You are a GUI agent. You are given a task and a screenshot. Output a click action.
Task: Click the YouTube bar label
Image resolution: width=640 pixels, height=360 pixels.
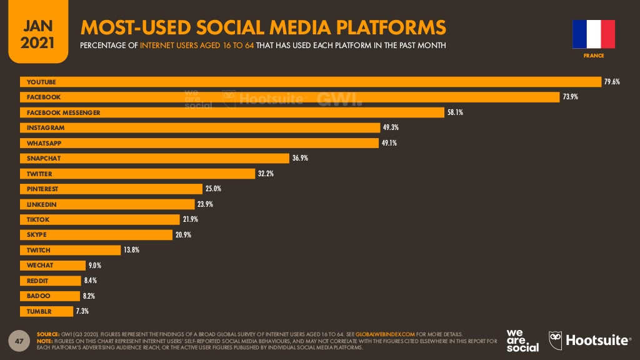[x=41, y=82]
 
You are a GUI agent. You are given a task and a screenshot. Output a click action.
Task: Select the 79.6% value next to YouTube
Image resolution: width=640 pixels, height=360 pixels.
[x=611, y=82]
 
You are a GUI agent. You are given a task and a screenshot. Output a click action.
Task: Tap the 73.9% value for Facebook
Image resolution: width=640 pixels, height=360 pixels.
[x=570, y=97]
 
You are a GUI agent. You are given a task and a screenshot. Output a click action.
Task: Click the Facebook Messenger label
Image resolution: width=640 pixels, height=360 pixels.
[x=63, y=112]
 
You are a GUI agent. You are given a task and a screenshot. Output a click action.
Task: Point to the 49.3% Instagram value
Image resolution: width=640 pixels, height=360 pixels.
[x=391, y=127]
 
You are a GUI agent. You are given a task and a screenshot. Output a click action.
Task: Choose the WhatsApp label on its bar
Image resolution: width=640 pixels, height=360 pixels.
[x=44, y=142]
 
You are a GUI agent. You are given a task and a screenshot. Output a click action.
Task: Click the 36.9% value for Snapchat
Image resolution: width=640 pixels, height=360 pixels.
[x=300, y=158]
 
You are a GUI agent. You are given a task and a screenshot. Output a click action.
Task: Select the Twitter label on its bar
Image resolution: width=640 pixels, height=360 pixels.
[x=39, y=174]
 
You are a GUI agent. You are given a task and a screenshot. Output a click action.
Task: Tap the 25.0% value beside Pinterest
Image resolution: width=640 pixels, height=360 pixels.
[x=214, y=189]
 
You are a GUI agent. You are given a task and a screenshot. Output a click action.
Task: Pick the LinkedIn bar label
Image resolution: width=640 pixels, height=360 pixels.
[x=41, y=204]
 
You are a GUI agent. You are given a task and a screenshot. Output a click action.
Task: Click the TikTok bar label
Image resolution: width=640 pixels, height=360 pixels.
[x=38, y=219]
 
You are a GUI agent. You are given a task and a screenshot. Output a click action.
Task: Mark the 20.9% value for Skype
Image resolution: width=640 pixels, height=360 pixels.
[x=183, y=235]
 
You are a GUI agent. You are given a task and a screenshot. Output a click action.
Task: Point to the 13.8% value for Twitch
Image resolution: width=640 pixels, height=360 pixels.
[x=131, y=250]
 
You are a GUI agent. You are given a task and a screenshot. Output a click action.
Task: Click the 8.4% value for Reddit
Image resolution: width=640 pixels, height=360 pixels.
[x=90, y=281]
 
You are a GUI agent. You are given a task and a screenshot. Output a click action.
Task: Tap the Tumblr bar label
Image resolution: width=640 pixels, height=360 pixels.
[x=39, y=311]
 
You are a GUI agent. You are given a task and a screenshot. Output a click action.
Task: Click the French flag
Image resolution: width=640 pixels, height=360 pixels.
[x=593, y=34]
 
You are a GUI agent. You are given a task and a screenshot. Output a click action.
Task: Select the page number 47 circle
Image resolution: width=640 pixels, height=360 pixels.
[x=19, y=341]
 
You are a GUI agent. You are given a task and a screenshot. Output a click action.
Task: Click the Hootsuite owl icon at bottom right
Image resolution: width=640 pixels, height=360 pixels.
[x=556, y=340]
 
